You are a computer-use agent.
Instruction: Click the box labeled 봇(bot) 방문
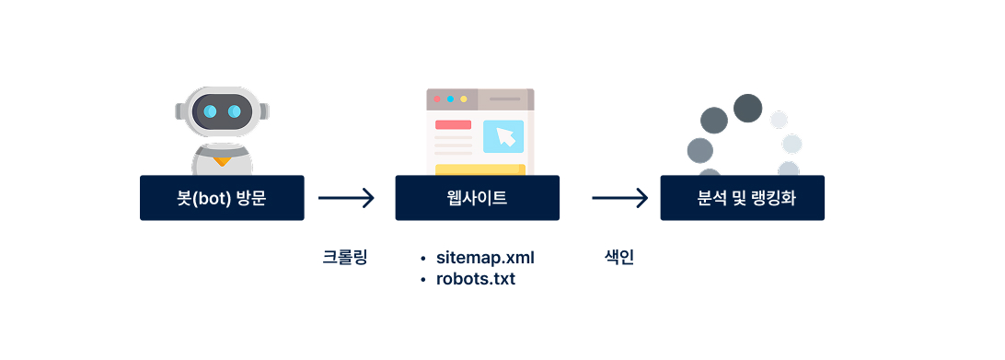point(221,198)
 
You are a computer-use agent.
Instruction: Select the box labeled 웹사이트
point(477,198)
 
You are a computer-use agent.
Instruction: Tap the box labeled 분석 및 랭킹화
point(742,198)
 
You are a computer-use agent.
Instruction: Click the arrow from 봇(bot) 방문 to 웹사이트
point(346,197)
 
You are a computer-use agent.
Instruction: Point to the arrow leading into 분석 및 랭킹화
point(620,197)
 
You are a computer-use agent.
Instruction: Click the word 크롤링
point(345,257)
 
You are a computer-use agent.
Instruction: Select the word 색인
point(613,257)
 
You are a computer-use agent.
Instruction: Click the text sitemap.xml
point(485,257)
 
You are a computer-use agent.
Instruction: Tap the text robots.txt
point(475,278)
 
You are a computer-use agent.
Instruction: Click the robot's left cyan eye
point(211,111)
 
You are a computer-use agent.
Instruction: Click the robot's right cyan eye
point(234,111)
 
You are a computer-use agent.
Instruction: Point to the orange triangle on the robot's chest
point(221,162)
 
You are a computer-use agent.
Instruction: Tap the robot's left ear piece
point(180,111)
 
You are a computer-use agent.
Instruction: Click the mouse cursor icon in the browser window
point(505,136)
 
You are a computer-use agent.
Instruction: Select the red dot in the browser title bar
point(437,99)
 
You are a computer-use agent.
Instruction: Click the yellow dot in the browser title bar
point(464,99)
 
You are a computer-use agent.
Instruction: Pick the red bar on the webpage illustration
point(453,124)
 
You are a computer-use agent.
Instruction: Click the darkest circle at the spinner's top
point(747,108)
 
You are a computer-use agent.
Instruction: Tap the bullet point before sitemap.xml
point(422,258)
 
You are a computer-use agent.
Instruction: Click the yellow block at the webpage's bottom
point(479,169)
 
